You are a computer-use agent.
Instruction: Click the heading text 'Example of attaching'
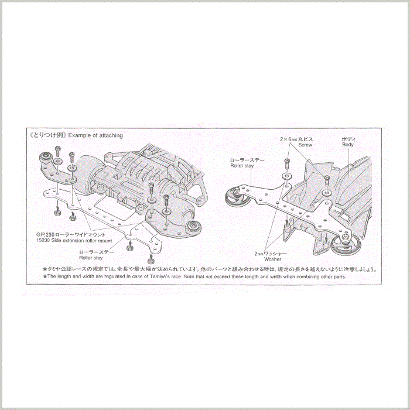coord(95,135)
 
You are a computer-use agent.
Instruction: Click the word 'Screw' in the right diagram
coord(305,144)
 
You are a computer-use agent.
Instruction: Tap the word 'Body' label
coord(348,144)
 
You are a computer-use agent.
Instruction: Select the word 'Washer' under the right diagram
coord(272,258)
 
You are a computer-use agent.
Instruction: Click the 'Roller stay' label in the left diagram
coord(90,257)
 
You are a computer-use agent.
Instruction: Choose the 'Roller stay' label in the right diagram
coord(242,166)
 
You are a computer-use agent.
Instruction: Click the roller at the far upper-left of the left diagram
coord(45,157)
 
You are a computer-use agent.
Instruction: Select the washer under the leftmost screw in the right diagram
coord(285,175)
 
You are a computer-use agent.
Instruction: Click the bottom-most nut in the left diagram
coord(151,258)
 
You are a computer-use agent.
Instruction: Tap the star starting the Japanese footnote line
coord(44,269)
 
